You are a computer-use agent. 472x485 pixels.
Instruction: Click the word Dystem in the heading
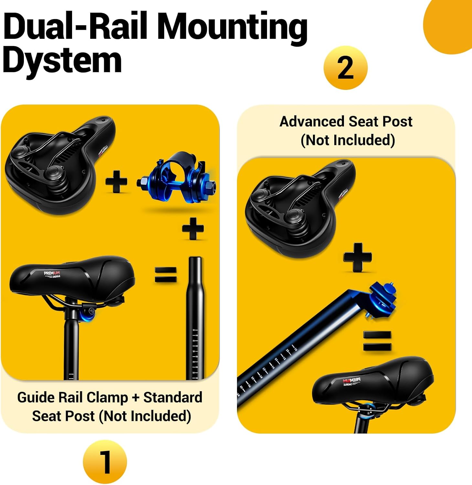click(62, 60)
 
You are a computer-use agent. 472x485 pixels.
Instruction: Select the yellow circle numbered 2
click(345, 68)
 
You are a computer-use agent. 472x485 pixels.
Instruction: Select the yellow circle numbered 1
click(105, 462)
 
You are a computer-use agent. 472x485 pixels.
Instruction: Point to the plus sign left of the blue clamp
click(116, 182)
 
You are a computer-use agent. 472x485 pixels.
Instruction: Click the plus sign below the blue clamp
click(193, 228)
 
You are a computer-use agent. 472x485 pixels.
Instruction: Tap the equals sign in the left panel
click(166, 275)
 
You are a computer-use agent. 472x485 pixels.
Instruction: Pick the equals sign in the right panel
click(377, 341)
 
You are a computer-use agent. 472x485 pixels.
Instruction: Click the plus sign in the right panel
click(358, 257)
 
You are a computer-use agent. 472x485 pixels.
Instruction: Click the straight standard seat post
click(195, 317)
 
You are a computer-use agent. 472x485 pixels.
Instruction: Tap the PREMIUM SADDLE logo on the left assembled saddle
click(52, 275)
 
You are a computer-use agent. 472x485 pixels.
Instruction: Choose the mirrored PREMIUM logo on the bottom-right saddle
click(352, 382)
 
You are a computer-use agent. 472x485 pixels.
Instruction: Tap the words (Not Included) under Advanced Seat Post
click(348, 140)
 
